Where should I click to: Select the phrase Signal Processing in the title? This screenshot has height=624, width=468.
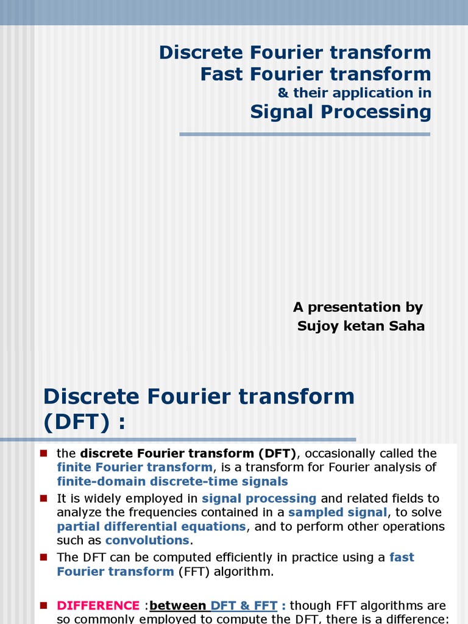(341, 112)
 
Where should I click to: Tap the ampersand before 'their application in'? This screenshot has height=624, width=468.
(283, 93)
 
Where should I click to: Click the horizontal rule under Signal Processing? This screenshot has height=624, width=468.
(305, 134)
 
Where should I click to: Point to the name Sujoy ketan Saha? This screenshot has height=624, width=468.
(361, 326)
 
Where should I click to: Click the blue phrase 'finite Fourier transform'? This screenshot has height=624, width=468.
(134, 467)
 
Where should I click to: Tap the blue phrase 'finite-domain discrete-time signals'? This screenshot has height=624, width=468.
(172, 481)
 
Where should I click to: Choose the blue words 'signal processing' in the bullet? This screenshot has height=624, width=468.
(259, 498)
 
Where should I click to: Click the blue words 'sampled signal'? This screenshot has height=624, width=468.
(337, 512)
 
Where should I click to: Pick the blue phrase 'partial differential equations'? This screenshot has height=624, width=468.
(151, 526)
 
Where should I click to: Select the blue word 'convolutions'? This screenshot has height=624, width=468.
(147, 540)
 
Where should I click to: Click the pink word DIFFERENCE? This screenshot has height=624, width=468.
(98, 606)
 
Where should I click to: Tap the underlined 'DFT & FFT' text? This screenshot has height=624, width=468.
(244, 606)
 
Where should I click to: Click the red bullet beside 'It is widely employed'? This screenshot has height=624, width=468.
(43, 498)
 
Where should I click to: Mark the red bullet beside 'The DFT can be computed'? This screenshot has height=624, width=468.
(43, 556)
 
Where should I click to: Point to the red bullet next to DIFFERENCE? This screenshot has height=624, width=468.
(43, 605)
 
